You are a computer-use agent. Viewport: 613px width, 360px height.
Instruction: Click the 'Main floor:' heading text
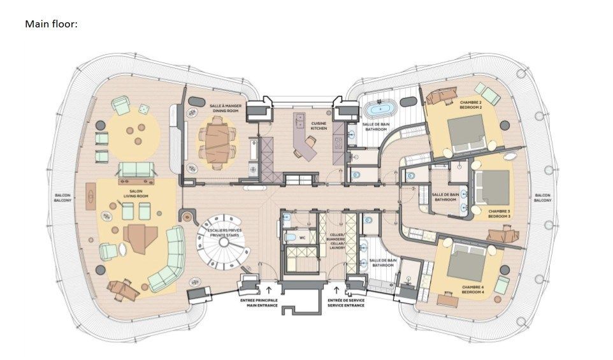[51, 24]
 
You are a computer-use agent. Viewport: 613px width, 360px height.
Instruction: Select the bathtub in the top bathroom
[380, 108]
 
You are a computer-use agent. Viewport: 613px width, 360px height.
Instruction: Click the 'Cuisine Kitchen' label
[319, 126]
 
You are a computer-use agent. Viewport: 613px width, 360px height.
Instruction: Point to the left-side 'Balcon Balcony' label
[62, 197]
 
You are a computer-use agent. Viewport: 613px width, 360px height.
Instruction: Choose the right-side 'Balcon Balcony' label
[542, 198]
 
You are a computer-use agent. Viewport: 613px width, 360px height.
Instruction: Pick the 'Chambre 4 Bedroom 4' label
[472, 290]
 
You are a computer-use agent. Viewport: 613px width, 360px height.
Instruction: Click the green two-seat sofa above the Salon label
[135, 169]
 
